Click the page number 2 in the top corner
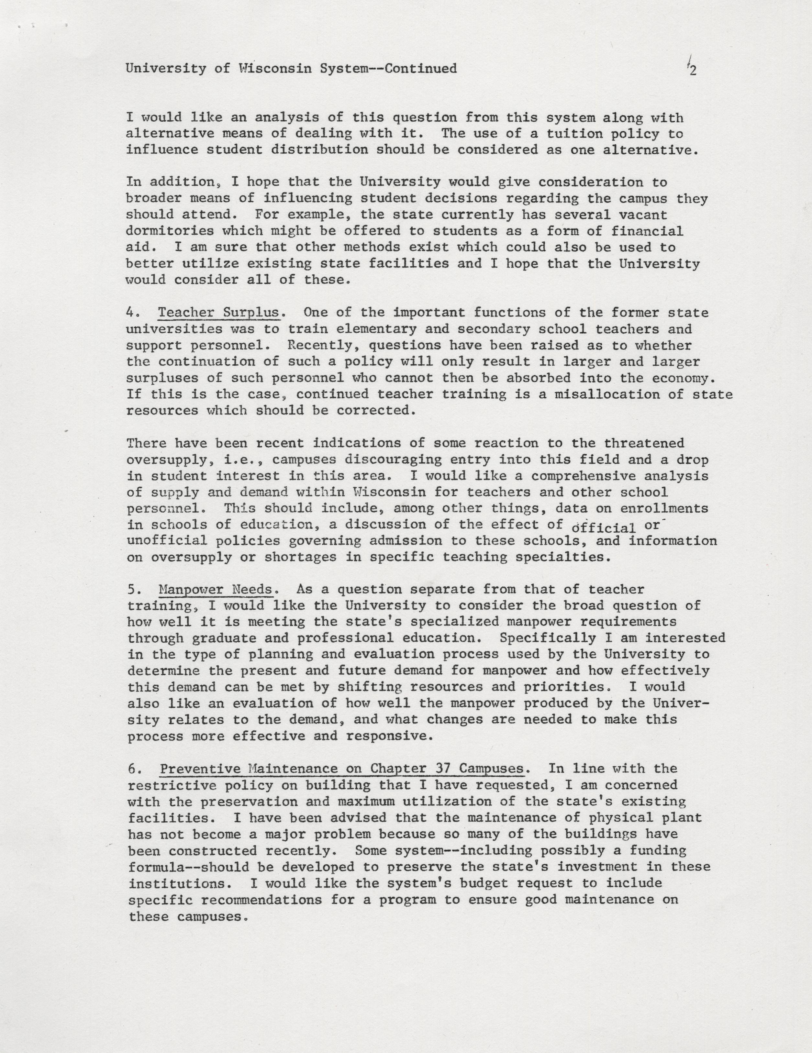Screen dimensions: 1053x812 pos(693,71)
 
